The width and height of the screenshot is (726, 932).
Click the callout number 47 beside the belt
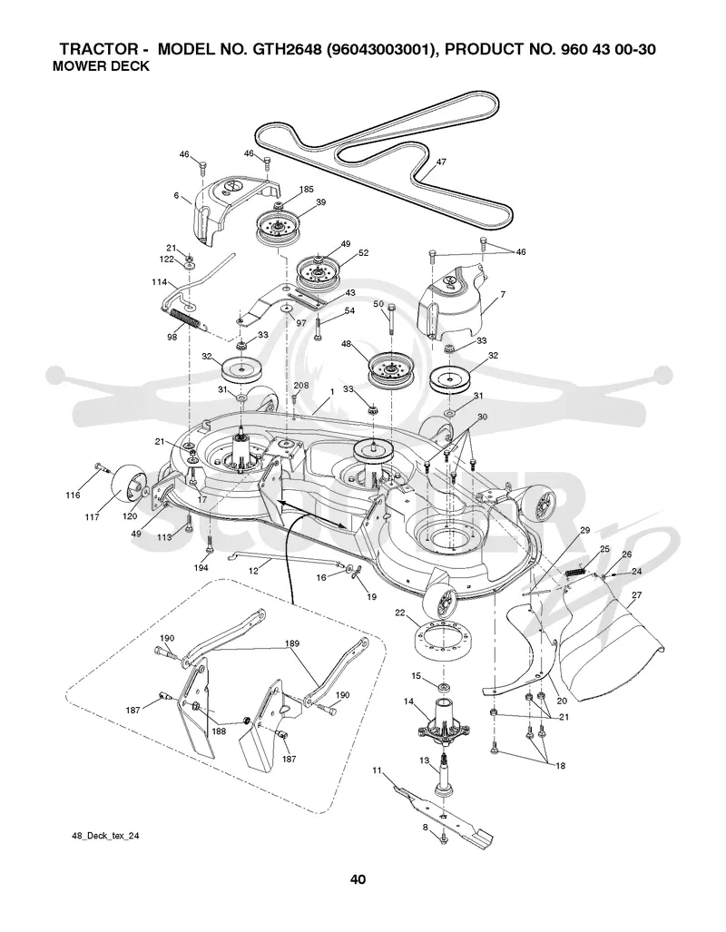point(441,162)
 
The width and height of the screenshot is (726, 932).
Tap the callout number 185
point(306,190)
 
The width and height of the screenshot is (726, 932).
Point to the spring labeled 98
point(186,319)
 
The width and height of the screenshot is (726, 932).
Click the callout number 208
point(301,385)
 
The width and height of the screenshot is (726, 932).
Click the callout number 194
point(201,568)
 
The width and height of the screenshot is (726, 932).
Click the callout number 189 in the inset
point(292,643)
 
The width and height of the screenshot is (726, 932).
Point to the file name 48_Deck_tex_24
point(106,835)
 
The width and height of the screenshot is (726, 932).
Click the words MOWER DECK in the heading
point(101,66)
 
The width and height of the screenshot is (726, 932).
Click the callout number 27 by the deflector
point(637,595)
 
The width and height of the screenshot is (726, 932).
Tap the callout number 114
point(160,282)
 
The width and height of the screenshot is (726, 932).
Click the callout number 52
point(363,252)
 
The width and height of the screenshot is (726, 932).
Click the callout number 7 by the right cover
point(503,294)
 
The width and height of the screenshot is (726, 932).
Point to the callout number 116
point(73,495)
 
